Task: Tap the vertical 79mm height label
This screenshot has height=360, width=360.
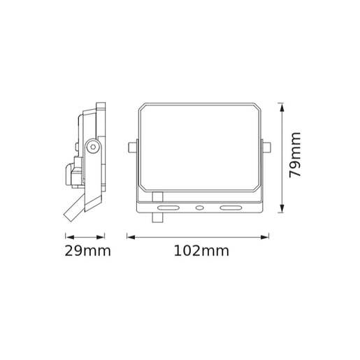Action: pos(297,154)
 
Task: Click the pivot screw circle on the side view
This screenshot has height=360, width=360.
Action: pos(92,146)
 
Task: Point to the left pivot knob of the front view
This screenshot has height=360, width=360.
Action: pos(131,147)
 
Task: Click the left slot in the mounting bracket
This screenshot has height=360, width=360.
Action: pos(167,208)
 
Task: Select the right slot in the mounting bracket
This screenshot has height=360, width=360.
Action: pos(229,208)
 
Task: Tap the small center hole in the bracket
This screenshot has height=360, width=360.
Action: pos(199,208)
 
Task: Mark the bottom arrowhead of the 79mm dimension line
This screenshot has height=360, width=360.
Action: pos(281,208)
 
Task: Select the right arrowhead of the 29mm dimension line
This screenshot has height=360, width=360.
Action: pos(104,236)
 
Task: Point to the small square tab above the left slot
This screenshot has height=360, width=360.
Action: pos(158,196)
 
